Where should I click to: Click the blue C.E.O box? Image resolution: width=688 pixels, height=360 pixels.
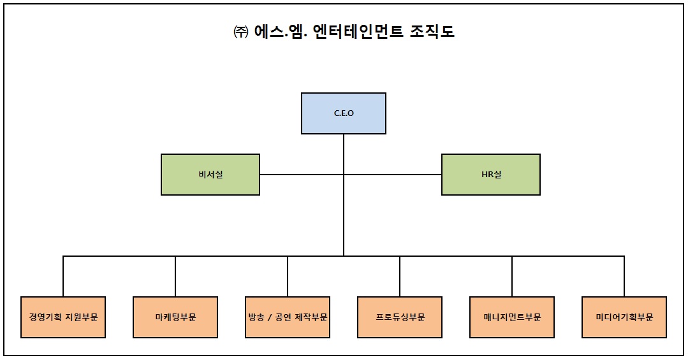pos(343,113)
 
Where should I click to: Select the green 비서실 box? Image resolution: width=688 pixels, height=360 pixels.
pos(210,175)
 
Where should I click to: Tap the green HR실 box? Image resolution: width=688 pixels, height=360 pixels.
pos(491,175)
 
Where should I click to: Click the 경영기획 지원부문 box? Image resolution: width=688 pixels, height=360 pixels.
pos(63,317)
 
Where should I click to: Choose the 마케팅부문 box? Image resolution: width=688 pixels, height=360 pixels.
pos(175,317)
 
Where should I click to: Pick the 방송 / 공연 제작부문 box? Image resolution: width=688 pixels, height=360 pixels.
pos(288,317)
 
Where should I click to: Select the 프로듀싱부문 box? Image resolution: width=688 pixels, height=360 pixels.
pos(400,317)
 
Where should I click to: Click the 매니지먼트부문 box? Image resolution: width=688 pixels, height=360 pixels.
pos(512,317)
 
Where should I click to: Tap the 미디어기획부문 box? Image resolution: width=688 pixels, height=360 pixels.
pos(624,317)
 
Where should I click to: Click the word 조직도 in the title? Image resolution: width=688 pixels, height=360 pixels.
pos(433,31)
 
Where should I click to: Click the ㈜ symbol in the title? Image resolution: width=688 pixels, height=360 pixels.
pos(240,32)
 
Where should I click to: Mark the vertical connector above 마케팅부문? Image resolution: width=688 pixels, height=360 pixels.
pos(175,276)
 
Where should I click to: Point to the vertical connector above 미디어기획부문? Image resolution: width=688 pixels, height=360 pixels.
pos(624,276)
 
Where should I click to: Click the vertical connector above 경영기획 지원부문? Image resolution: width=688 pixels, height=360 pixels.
pos(63,276)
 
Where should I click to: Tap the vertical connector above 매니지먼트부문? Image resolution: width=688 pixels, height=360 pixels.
pos(512,276)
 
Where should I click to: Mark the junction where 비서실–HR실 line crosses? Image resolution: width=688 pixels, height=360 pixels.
pos(344,175)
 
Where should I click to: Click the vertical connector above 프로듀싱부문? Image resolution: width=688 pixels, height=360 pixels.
pos(400,276)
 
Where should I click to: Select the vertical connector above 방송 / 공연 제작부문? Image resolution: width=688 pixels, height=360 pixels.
pos(288,276)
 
